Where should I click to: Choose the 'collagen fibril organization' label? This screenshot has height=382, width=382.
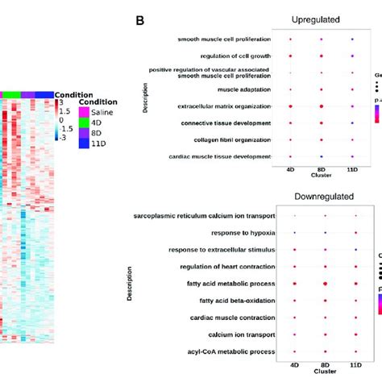tap(232, 139)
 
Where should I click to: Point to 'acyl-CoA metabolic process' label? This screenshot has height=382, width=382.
tap(233, 351)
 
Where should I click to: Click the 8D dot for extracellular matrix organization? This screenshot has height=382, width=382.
tap(322, 106)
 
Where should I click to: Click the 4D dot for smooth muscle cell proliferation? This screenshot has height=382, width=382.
tap(290, 39)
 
